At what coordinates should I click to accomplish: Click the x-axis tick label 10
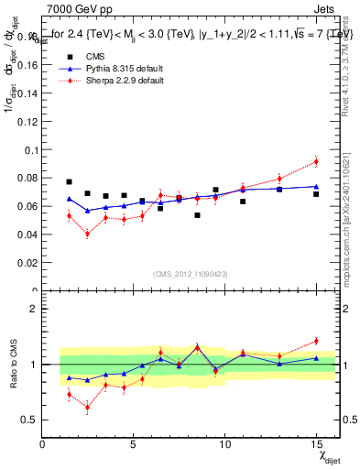(x=224, y=445)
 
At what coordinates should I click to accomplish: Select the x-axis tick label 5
(x=134, y=445)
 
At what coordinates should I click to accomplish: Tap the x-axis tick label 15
(x=315, y=445)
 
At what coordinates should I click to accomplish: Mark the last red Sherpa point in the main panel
(x=316, y=161)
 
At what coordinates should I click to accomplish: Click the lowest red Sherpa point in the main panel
(x=87, y=234)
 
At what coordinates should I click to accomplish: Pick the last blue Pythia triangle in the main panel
(x=316, y=187)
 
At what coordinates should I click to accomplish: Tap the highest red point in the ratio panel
(x=316, y=341)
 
